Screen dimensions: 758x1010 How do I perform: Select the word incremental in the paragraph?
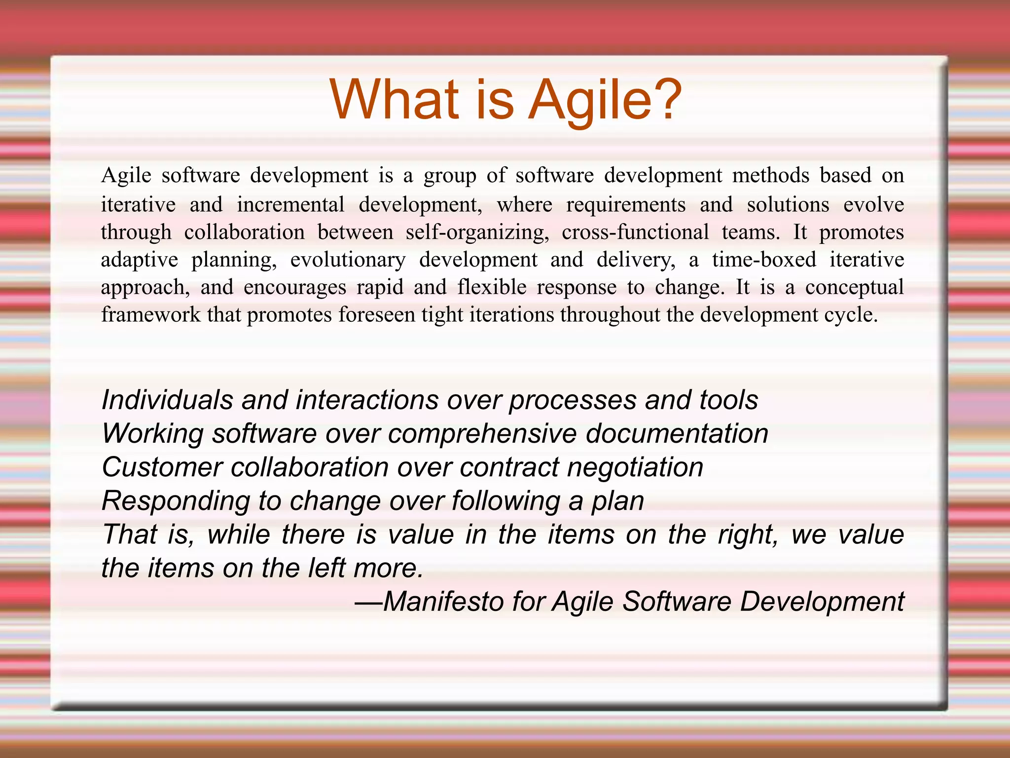point(290,205)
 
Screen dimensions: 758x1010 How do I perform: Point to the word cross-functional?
point(635,232)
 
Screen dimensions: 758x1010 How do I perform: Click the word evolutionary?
point(348,260)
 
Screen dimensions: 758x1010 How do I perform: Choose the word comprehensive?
point(482,434)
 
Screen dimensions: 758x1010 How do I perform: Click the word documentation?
point(677,434)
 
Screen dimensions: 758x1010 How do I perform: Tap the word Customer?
point(162,467)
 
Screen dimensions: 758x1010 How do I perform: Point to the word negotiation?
point(635,467)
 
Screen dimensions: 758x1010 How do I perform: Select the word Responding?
point(176,501)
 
